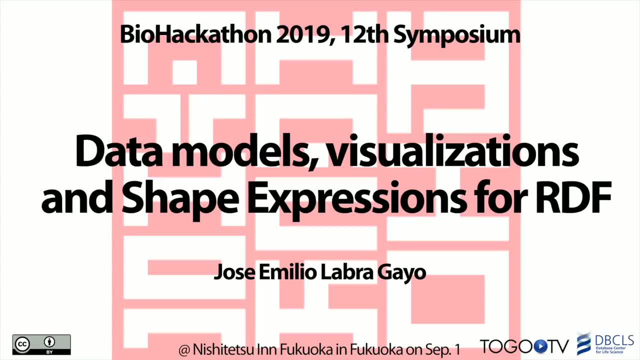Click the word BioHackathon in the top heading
(195, 34)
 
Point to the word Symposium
(457, 35)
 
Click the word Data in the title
(118, 152)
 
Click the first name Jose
(234, 272)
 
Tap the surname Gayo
(401, 273)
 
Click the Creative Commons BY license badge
(41, 344)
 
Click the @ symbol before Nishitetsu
(184, 349)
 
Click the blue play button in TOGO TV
(539, 346)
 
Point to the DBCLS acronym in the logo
(614, 340)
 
